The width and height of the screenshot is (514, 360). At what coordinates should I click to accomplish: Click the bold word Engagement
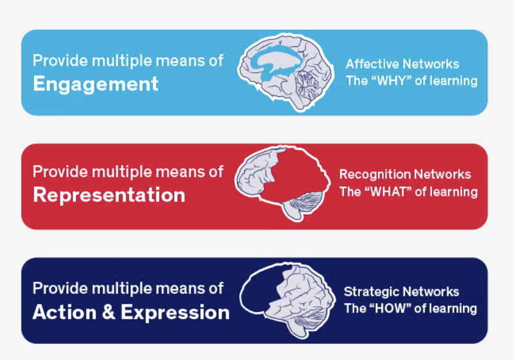click(96, 83)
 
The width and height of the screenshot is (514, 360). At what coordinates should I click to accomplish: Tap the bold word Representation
click(109, 195)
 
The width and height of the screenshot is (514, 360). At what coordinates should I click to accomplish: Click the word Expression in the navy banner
click(175, 312)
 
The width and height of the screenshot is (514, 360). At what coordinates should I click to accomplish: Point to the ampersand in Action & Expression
click(108, 312)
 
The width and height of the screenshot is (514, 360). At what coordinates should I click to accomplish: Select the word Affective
click(371, 64)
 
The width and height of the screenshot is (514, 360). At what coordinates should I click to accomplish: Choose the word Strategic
click(370, 292)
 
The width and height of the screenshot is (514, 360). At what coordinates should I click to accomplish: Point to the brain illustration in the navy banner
click(287, 298)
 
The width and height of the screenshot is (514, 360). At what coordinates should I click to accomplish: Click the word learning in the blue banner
click(455, 80)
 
